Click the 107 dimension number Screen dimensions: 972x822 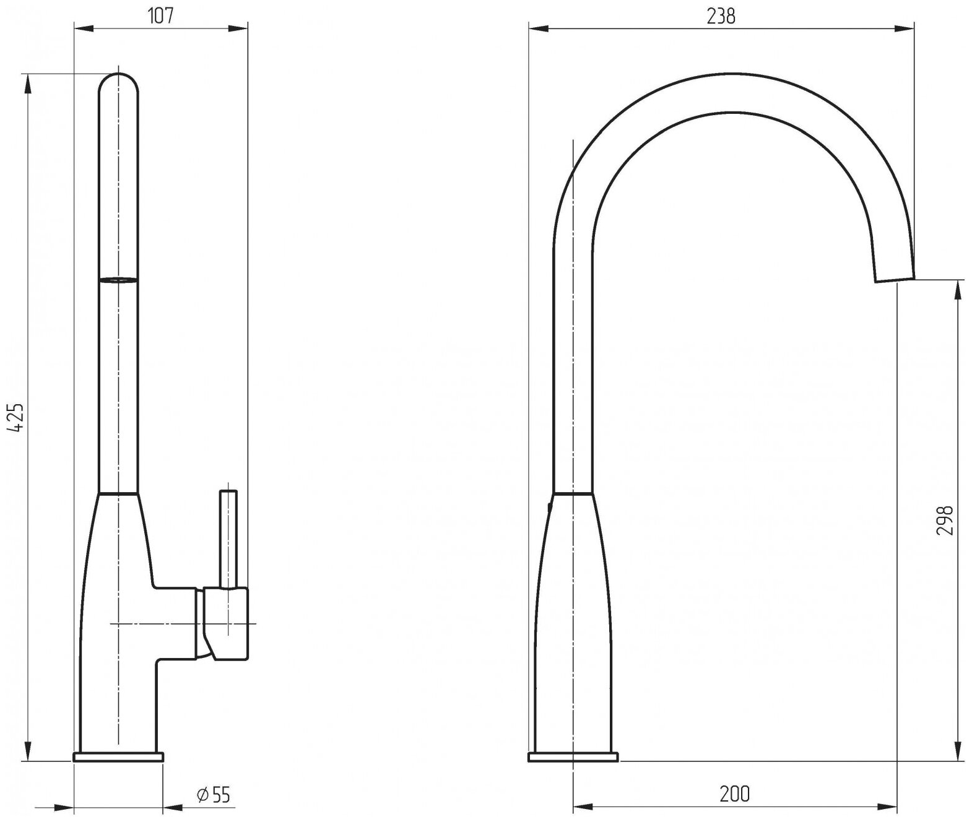pyautogui.click(x=161, y=16)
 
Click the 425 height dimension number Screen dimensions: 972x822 pyautogui.click(x=17, y=417)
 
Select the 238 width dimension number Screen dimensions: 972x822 pyautogui.click(x=721, y=16)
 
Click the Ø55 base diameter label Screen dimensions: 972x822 pyautogui.click(x=214, y=795)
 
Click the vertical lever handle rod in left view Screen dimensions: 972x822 pyautogui.click(x=228, y=539)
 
